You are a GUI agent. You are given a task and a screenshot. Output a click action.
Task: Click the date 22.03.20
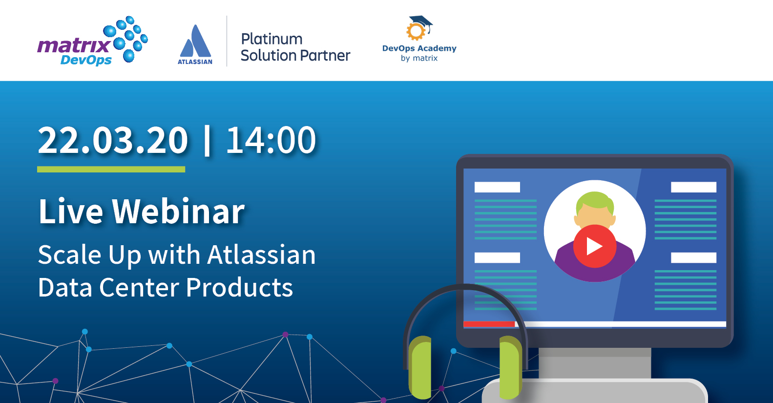coord(112,141)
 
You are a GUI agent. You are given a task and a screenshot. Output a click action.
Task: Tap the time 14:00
coord(271,141)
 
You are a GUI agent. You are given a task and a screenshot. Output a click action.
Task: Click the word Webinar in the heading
coord(178,212)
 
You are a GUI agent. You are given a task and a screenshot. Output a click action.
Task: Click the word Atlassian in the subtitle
coord(261,255)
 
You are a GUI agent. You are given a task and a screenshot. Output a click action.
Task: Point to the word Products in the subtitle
coord(239,288)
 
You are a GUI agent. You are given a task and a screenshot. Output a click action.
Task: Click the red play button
coord(594,246)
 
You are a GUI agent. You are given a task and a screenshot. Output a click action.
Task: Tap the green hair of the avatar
coord(594,200)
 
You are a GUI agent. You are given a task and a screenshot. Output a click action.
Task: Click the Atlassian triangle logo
coord(195,43)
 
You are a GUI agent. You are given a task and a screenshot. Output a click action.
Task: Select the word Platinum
coord(272,39)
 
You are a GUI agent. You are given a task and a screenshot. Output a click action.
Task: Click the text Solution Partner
coord(295,56)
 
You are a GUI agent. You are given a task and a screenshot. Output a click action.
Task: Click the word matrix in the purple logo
coord(73,45)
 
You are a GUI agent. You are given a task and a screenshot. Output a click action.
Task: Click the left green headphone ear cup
coord(420,366)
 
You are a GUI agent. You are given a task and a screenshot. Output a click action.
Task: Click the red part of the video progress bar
coord(488,324)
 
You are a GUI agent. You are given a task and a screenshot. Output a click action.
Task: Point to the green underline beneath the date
coord(111,169)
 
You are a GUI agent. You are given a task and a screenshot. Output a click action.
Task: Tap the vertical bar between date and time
coord(207,141)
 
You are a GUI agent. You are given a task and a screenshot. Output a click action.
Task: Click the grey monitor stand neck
coord(594,362)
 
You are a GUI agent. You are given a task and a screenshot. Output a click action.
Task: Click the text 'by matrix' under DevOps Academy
coord(419,58)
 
